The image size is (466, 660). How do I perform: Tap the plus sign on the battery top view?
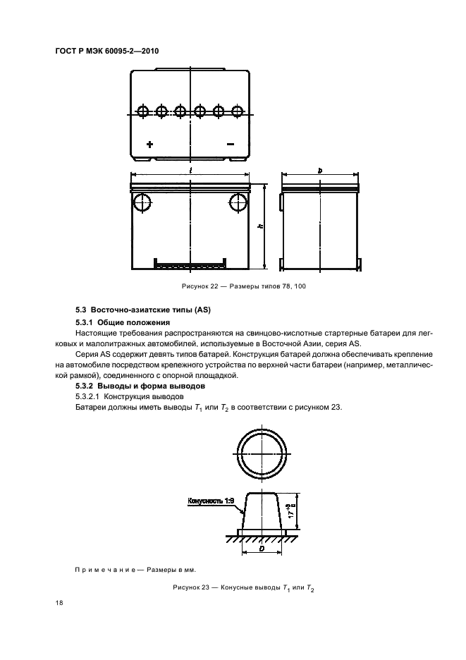pos(149,144)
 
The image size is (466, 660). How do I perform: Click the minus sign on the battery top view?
pos(230,144)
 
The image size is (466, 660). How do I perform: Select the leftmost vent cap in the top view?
pos(142,111)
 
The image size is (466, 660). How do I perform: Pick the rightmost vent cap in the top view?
pos(238,111)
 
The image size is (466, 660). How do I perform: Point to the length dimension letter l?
pos(190,171)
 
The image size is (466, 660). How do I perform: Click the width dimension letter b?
pos(320,171)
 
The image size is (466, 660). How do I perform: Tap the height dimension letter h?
pos(260,226)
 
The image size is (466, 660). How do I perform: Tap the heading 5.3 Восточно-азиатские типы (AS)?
pos(143,310)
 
